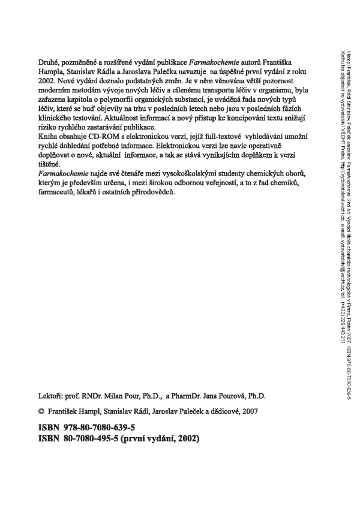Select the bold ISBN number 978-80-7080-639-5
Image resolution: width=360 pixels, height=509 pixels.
(100, 427)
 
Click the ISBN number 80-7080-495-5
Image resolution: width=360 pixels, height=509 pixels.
(94, 438)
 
